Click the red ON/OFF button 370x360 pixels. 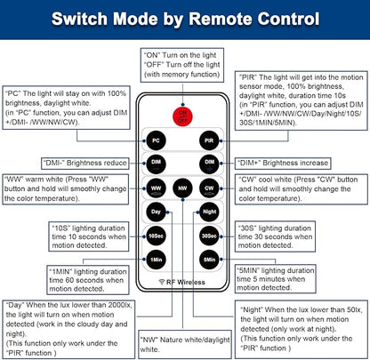[182, 116]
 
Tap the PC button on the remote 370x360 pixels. [156, 140]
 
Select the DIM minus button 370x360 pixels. [156, 164]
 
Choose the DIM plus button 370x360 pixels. [209, 164]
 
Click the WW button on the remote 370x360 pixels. [156, 188]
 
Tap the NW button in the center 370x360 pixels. [182, 188]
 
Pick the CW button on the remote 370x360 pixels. [209, 188]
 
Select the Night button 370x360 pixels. [209, 212]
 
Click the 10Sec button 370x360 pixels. [156, 236]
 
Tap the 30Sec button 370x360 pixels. [209, 236]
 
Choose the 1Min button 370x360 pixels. [156, 260]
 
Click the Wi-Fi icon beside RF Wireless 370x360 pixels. [162, 282]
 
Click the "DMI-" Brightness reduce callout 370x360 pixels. [85, 163]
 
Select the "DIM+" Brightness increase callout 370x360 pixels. [283, 163]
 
